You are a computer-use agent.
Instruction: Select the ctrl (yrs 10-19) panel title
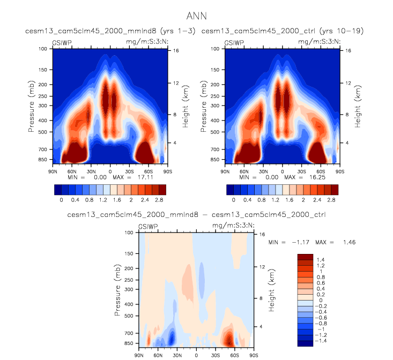coord(283,32)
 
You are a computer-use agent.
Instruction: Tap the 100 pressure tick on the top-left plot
coord(42,49)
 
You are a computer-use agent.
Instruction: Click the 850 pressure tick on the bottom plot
coord(129,343)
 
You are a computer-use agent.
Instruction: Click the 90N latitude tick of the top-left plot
coord(53,171)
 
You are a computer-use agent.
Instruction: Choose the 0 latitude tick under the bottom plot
coord(196,355)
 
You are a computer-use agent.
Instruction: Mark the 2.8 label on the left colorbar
coord(159,199)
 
